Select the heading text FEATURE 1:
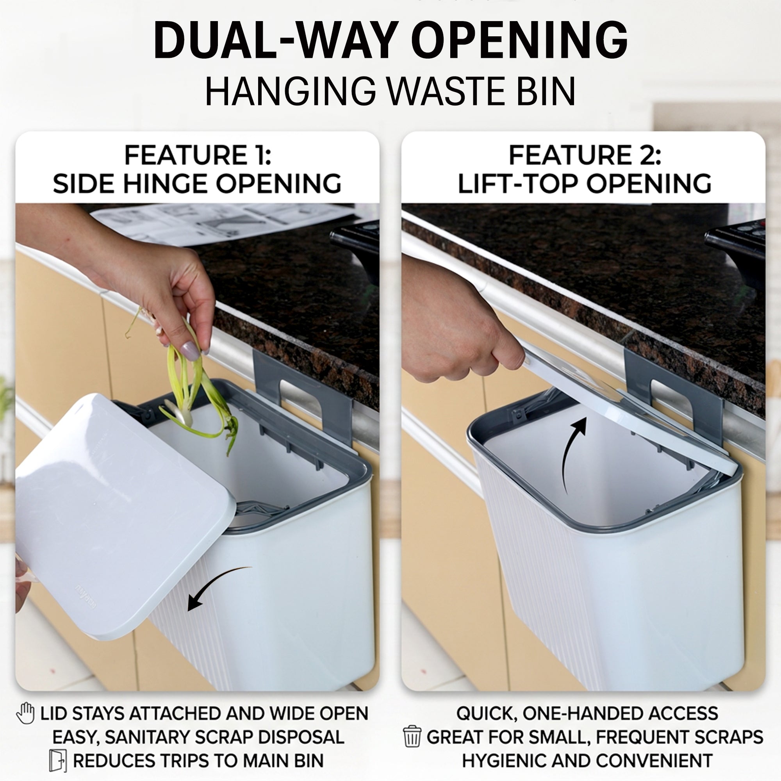coord(198,155)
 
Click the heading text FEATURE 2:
coord(585,155)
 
